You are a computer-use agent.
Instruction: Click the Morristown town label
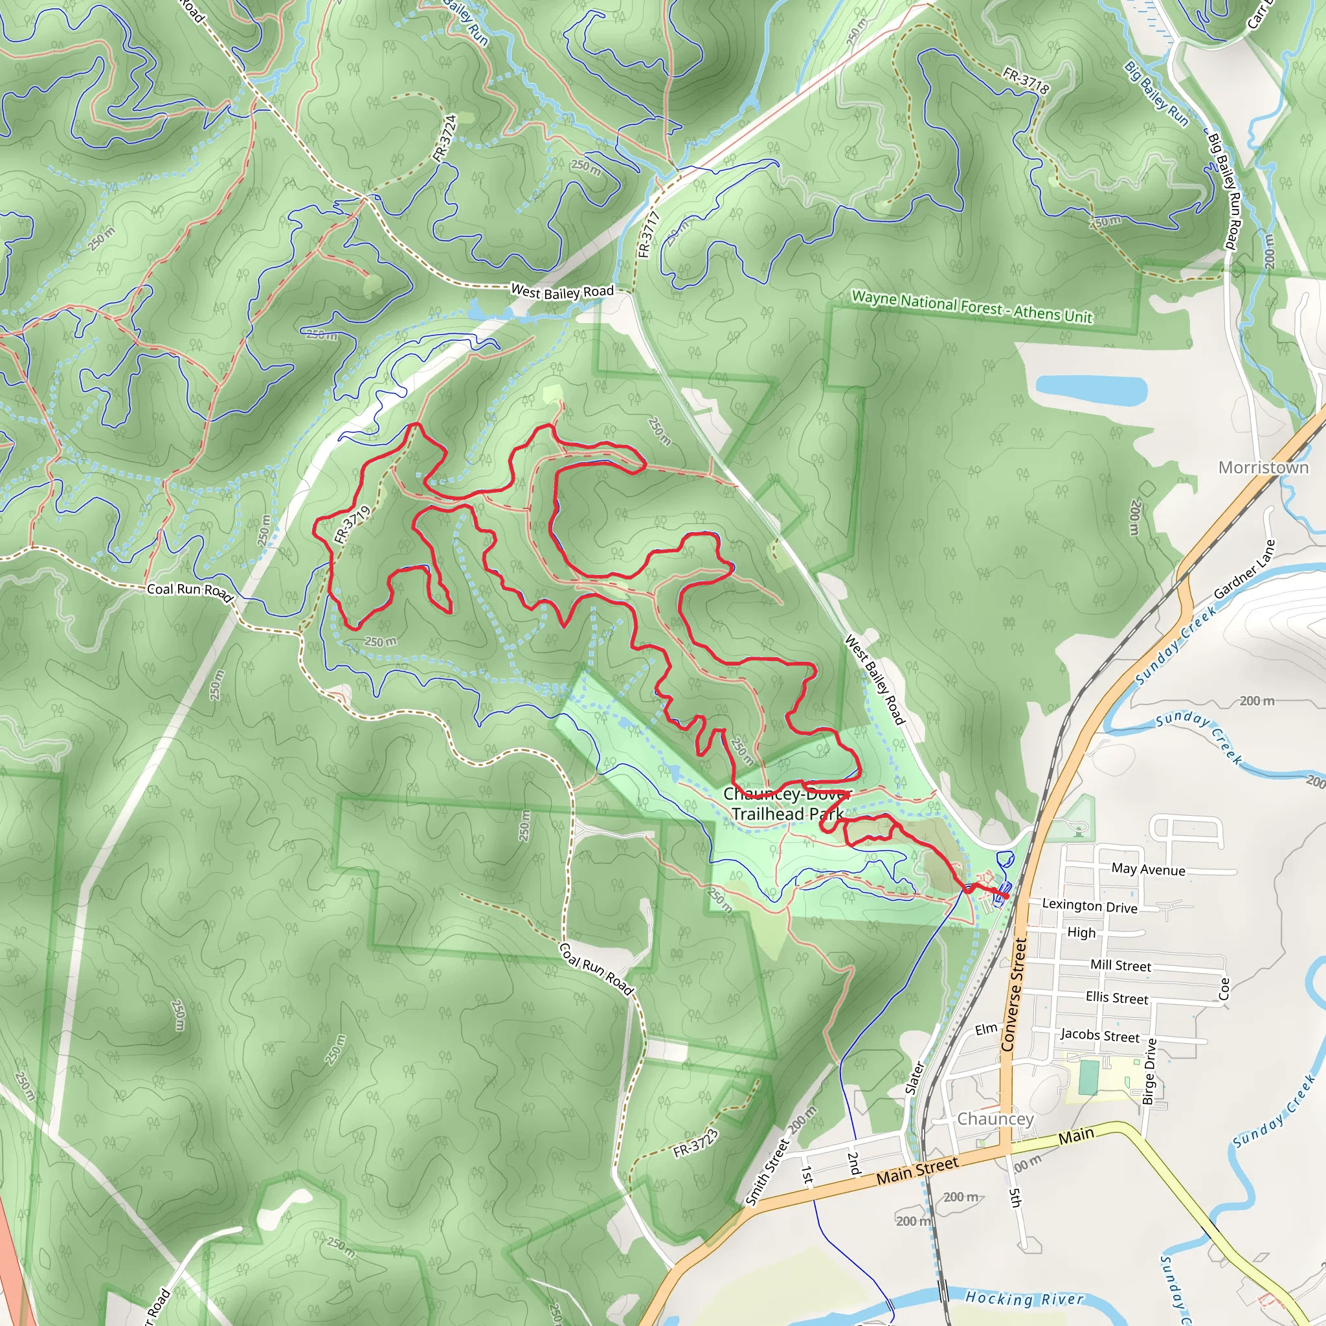tap(1263, 467)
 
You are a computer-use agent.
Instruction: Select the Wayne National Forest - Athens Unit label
tap(972, 307)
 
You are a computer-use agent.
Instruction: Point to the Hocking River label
tap(1024, 1299)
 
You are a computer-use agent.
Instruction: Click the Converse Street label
tap(1013, 994)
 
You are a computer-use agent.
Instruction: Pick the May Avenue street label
tap(1148, 870)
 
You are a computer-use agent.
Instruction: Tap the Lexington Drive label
tap(1089, 906)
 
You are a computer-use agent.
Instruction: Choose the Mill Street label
tap(1121, 965)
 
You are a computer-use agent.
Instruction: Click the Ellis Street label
tap(1117, 998)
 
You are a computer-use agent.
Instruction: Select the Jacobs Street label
tap(1099, 1035)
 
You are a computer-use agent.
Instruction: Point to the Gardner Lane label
tap(1244, 569)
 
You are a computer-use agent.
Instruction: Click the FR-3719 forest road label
tap(352, 524)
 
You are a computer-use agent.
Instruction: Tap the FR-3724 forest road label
tap(445, 138)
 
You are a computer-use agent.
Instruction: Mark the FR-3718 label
tap(1026, 80)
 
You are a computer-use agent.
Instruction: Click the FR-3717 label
tap(648, 235)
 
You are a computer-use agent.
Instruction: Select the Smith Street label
tap(767, 1173)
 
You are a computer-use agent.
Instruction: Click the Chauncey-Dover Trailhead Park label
tap(787, 803)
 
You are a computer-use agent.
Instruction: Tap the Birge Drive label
tap(1150, 1072)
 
